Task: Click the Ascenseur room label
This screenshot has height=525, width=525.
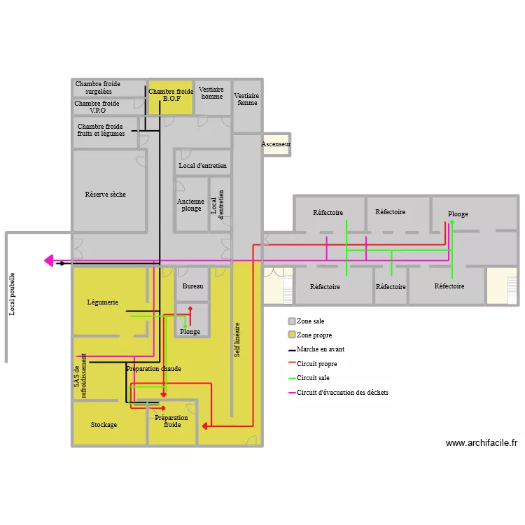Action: point(276,144)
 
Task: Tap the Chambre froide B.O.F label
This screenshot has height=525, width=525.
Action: point(171,95)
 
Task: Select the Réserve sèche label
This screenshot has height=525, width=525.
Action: point(106,194)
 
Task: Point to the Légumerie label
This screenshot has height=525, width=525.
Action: point(103,302)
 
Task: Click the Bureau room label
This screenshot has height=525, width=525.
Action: point(192,286)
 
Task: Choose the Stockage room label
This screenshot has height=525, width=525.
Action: point(104,425)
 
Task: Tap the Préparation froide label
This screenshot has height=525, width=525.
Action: point(171,421)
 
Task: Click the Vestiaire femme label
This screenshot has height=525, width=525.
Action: point(246,99)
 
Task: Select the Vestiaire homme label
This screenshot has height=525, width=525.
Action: point(211,93)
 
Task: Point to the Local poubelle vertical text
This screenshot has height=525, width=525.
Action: point(12,294)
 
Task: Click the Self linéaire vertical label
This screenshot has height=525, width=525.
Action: point(237,340)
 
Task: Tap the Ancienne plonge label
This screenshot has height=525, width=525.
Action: point(190,204)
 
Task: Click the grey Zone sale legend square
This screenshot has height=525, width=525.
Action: point(292,321)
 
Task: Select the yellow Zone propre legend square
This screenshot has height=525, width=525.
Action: point(292,335)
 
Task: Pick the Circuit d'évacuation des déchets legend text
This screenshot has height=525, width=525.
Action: point(342,393)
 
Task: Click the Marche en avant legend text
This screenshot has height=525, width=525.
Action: point(321,349)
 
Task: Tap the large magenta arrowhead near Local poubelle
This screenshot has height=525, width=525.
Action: point(49,260)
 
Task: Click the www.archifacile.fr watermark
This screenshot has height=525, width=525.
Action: point(481,442)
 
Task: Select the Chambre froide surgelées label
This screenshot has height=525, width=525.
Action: point(98,87)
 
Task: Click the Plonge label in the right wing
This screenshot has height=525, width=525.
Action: point(458,214)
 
